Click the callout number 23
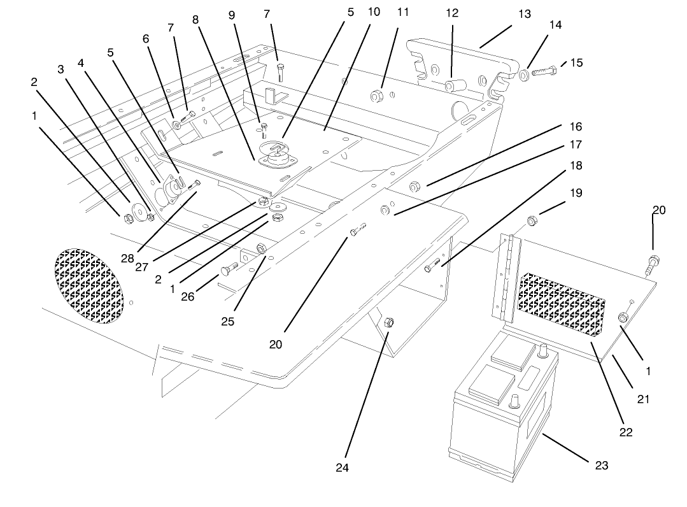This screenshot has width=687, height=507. point(600,466)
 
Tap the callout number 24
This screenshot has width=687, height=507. point(343,468)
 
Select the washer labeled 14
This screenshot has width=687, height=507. point(523,76)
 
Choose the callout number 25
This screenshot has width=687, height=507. point(227,322)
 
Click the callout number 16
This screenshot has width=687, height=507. point(575,127)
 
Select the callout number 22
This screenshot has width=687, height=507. point(626,431)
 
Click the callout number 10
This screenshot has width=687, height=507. point(374,13)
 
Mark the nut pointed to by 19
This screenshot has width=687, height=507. point(532,222)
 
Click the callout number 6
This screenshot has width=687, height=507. point(146,39)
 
